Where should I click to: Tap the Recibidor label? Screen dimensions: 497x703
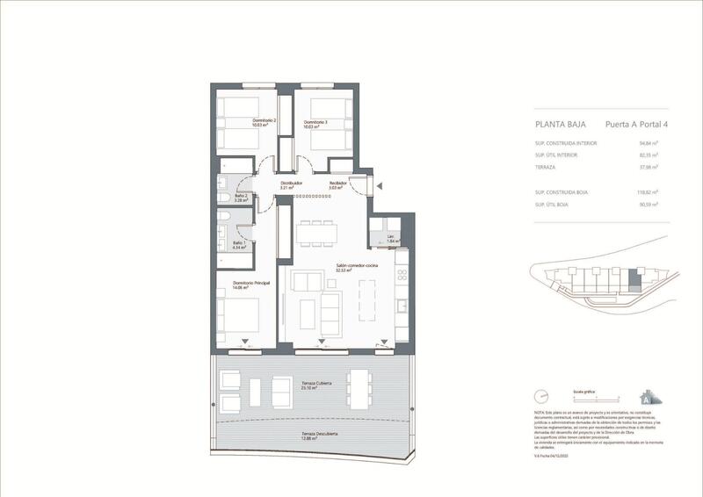338,184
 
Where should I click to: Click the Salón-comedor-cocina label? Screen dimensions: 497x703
356,267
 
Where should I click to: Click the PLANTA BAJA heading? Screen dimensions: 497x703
560,125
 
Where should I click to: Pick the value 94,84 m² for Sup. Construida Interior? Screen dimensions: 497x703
649,142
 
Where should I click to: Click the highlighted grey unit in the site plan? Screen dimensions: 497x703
637,282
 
